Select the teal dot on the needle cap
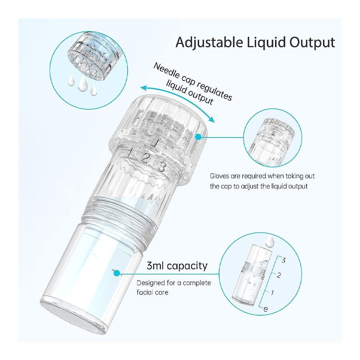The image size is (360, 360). click(x=198, y=137)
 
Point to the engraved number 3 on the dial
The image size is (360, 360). click(x=162, y=167)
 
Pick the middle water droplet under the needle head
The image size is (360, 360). click(x=82, y=84)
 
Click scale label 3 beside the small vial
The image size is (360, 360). click(x=284, y=261)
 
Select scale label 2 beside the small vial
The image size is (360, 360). click(x=279, y=275)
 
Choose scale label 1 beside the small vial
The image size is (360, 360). click(x=272, y=293)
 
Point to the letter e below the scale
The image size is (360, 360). click(x=266, y=309)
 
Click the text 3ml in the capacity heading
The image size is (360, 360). click(x=155, y=266)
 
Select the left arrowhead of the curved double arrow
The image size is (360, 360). click(x=144, y=88)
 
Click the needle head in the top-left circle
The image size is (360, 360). click(x=92, y=57)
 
